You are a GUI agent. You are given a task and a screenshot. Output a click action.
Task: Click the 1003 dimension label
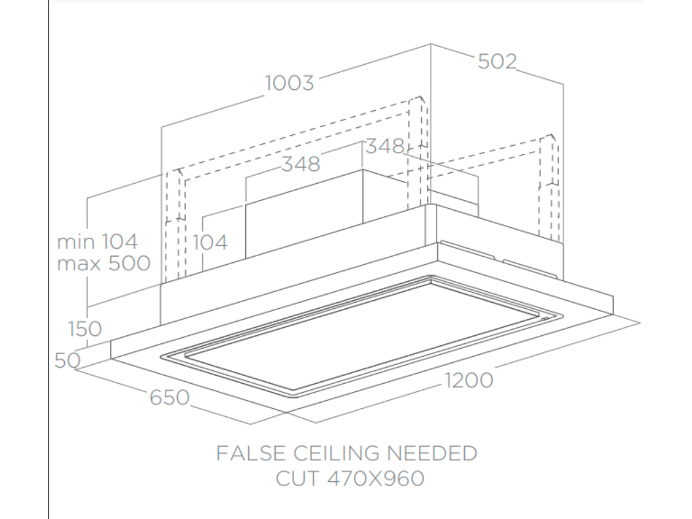289,83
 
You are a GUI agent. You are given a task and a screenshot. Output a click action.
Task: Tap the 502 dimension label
497,61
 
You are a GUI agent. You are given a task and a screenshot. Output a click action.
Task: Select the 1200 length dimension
468,380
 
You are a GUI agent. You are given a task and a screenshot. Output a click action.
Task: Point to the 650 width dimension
170,397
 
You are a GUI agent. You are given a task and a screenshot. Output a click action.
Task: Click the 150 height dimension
84,329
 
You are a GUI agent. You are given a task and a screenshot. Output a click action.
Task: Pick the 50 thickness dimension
68,361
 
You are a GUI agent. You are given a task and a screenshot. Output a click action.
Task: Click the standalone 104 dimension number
210,243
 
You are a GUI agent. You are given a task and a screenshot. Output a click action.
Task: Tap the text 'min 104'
97,242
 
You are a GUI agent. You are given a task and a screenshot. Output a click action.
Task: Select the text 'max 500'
103,264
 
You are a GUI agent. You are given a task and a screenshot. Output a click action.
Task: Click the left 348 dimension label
301,164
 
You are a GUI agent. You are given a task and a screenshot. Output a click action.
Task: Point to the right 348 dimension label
385,146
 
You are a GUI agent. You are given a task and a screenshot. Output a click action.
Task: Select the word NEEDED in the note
432,453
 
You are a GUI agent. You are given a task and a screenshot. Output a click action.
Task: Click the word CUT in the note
297,478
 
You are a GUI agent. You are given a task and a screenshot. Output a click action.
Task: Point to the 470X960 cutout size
376,478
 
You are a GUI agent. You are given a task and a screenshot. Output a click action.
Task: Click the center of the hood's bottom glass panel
362,337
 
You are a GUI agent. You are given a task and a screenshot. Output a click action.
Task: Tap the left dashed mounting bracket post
175,226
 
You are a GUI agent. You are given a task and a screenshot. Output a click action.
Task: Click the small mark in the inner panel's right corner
545,319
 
